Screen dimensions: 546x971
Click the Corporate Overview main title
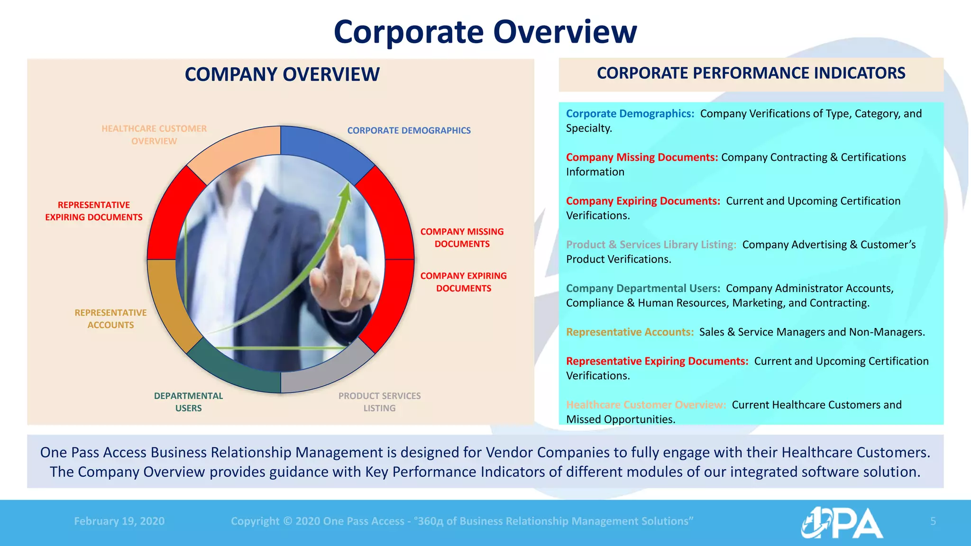(x=485, y=32)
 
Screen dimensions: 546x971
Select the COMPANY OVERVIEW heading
(x=282, y=74)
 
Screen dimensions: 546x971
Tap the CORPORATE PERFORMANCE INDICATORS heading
(x=751, y=73)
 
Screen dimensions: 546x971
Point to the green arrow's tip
(x=348, y=185)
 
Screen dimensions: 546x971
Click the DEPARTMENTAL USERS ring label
(x=188, y=402)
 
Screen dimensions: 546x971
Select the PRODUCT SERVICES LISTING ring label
(x=379, y=402)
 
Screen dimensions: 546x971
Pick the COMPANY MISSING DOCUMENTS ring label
(x=462, y=237)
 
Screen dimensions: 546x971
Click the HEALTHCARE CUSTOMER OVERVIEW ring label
(x=154, y=135)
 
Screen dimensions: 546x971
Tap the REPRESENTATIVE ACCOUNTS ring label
(x=110, y=318)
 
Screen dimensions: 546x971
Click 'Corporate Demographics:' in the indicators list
(x=630, y=114)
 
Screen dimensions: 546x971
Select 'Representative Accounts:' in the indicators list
(x=630, y=332)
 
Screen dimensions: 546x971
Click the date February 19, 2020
(x=119, y=521)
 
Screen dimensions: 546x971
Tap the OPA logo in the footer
(x=842, y=523)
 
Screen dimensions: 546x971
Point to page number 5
(x=933, y=521)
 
